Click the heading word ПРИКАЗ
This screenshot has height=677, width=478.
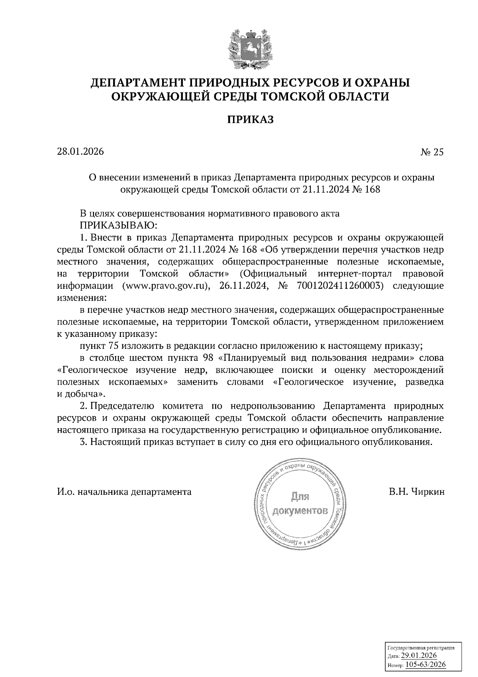pyautogui.click(x=251, y=119)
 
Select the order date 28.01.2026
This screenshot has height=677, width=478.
pyautogui.click(x=80, y=152)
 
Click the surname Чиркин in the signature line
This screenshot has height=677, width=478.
pyautogui.click(x=427, y=491)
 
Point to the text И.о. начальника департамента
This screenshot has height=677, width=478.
pyautogui.click(x=124, y=491)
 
